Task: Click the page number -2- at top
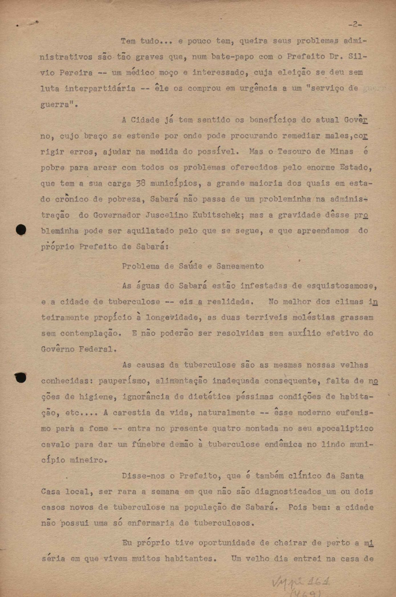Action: click(355, 25)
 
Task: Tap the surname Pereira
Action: click(76, 73)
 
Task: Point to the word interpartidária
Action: click(100, 88)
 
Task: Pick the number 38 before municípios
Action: click(141, 183)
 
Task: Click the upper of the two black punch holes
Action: click(21, 230)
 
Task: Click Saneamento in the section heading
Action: click(240, 266)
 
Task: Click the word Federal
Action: click(97, 349)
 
